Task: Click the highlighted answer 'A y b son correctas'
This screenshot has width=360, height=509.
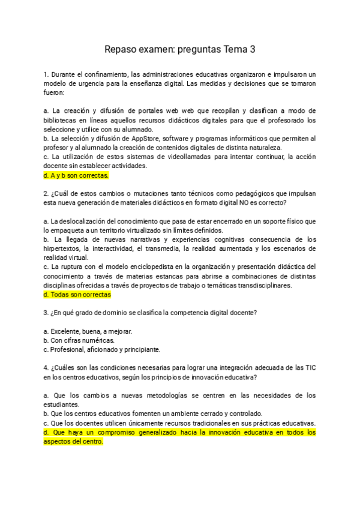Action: pyautogui.click(x=76, y=176)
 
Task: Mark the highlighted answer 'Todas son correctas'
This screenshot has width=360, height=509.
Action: pyautogui.click(x=77, y=295)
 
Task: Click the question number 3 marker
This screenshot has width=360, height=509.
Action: pyautogui.click(x=46, y=313)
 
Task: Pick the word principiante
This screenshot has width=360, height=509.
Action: pyautogui.click(x=141, y=349)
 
